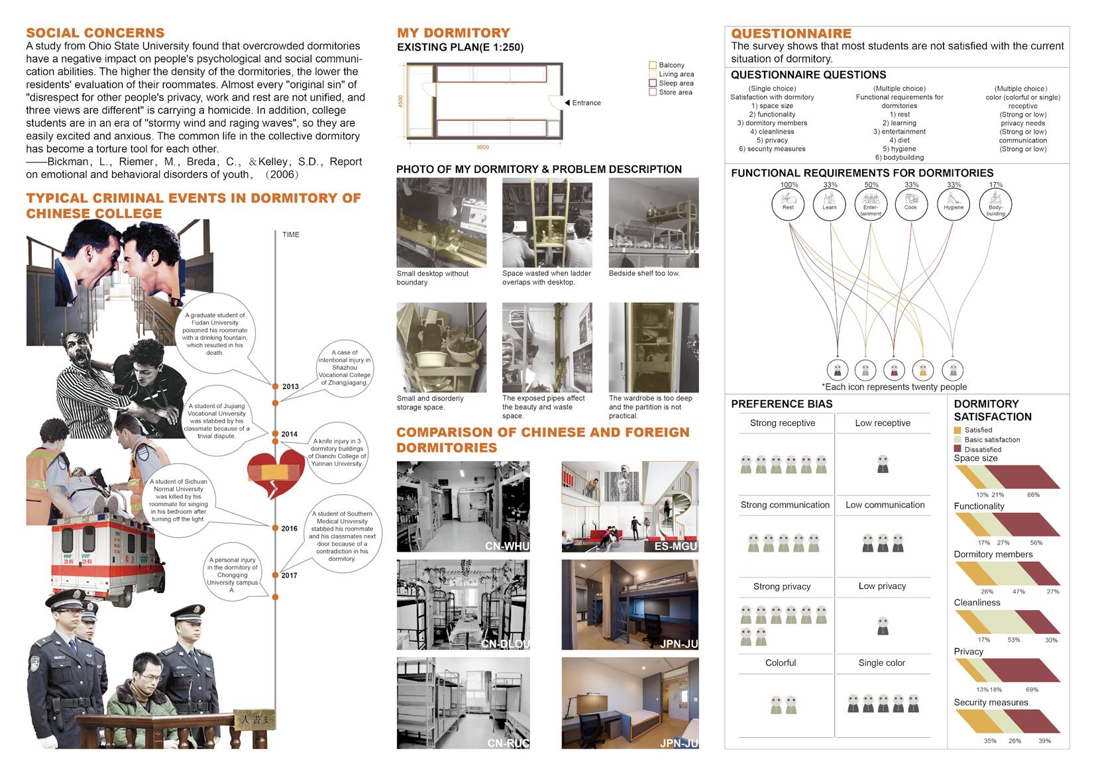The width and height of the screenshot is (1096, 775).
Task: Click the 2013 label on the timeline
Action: (x=290, y=386)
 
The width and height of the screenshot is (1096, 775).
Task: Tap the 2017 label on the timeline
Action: (x=289, y=576)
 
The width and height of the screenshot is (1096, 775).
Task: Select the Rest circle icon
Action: (x=788, y=202)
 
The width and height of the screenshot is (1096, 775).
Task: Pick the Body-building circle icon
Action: (x=995, y=202)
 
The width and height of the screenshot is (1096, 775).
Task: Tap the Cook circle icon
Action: (x=911, y=202)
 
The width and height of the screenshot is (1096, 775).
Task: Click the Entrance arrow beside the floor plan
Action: (x=568, y=103)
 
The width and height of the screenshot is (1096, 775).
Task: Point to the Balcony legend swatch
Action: (x=652, y=65)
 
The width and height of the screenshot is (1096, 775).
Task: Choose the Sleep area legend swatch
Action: (x=652, y=83)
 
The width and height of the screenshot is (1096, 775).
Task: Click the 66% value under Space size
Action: (x=1033, y=495)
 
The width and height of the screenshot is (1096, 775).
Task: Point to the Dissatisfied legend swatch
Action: (x=958, y=449)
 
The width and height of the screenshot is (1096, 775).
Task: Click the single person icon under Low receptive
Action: (x=882, y=464)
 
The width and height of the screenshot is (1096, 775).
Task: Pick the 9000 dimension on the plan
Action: (x=482, y=147)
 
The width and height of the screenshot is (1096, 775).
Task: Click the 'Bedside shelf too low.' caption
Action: (x=644, y=273)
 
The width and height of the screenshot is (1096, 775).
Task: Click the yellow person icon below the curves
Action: (x=923, y=370)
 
